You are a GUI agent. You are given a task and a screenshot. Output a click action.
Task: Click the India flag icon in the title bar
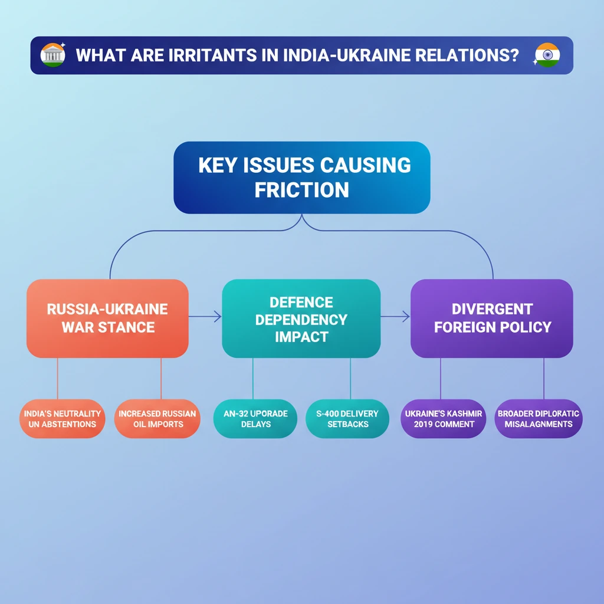point(547,55)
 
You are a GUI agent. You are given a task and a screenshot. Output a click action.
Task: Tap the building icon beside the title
point(52,55)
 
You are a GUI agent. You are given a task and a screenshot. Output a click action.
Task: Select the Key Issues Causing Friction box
point(301,177)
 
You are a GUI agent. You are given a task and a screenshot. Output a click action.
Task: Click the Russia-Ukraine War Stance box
point(107,318)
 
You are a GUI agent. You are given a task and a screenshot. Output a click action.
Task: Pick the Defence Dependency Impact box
point(301,319)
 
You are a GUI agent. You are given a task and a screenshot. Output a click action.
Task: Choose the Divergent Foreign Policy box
point(491,318)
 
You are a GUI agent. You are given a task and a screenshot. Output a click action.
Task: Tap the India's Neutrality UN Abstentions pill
point(62,419)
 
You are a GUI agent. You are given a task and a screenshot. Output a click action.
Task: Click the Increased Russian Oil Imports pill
point(157,419)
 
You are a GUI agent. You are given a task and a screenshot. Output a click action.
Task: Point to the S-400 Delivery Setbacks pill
point(347,419)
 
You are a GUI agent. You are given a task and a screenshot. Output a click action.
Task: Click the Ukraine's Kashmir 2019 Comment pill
point(443,419)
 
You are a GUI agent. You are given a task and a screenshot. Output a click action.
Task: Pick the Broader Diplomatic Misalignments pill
point(538,419)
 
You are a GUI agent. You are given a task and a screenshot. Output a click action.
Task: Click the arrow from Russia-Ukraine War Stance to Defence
point(205,317)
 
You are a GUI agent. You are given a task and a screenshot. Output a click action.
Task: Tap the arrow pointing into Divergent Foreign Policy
point(396,317)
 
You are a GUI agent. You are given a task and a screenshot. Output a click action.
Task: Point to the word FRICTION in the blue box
point(301,190)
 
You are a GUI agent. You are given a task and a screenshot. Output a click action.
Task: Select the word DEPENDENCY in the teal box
point(301,320)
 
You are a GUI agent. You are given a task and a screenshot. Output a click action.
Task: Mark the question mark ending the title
point(514,56)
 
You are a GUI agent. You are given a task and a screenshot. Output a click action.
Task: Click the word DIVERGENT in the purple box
point(491,309)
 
